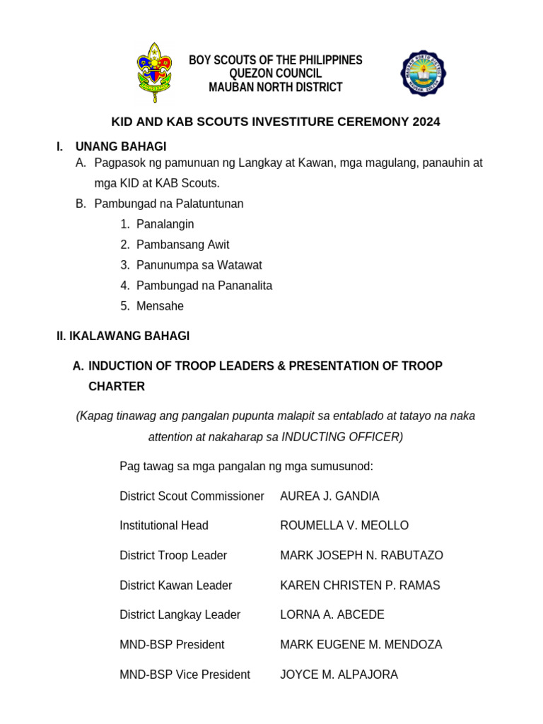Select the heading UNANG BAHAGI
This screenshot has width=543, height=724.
[121, 146]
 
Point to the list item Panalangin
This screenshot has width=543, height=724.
[165, 224]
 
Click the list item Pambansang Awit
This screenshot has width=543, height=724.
[182, 245]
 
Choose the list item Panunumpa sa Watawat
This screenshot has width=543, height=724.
[199, 265]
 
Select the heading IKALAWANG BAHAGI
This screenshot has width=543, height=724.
[123, 337]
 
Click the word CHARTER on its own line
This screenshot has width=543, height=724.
[117, 387]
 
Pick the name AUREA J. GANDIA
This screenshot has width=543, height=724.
[329, 496]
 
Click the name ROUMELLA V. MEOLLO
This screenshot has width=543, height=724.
[344, 526]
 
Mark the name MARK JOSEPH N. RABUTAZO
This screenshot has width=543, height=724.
[361, 556]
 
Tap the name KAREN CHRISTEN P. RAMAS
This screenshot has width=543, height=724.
[360, 585]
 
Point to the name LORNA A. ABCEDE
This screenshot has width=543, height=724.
[332, 615]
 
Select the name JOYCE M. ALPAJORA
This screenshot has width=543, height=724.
[339, 675]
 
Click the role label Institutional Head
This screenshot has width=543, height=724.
[164, 526]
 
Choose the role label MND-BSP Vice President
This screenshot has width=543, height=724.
[185, 675]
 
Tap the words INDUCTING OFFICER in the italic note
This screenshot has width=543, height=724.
[342, 437]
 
